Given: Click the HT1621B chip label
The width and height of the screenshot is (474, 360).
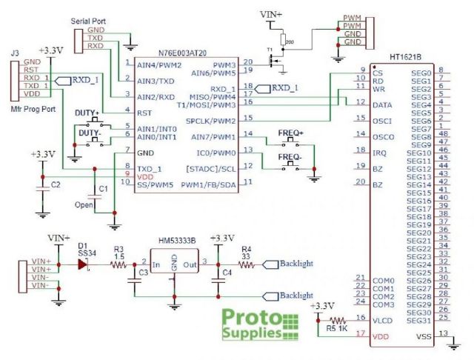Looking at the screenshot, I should (x=406, y=57).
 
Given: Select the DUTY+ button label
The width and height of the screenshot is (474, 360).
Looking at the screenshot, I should (x=87, y=112).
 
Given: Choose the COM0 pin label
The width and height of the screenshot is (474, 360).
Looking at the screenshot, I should (x=383, y=281).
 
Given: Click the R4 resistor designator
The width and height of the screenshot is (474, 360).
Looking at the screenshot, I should (x=247, y=249).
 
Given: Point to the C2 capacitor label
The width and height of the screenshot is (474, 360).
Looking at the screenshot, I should (x=55, y=183).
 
